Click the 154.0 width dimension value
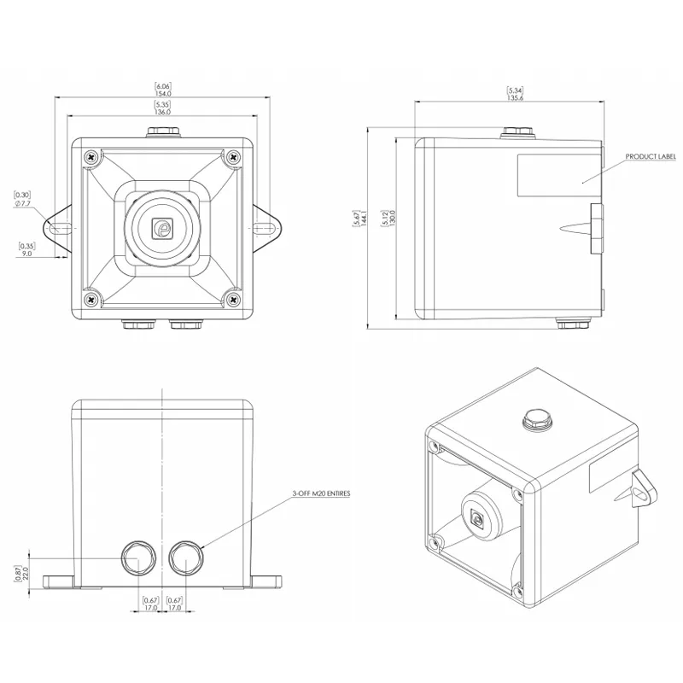pyautogui.click(x=163, y=94)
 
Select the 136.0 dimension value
pyautogui.click(x=162, y=112)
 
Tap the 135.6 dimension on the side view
pyautogui.click(x=516, y=98)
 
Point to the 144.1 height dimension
pyautogui.click(x=365, y=217)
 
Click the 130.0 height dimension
pyautogui.click(x=393, y=217)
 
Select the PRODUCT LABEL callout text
pyautogui.click(x=651, y=156)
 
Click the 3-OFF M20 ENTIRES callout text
pyautogui.click(x=321, y=493)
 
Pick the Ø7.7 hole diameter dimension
pyautogui.click(x=23, y=203)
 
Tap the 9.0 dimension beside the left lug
pyautogui.click(x=27, y=253)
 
